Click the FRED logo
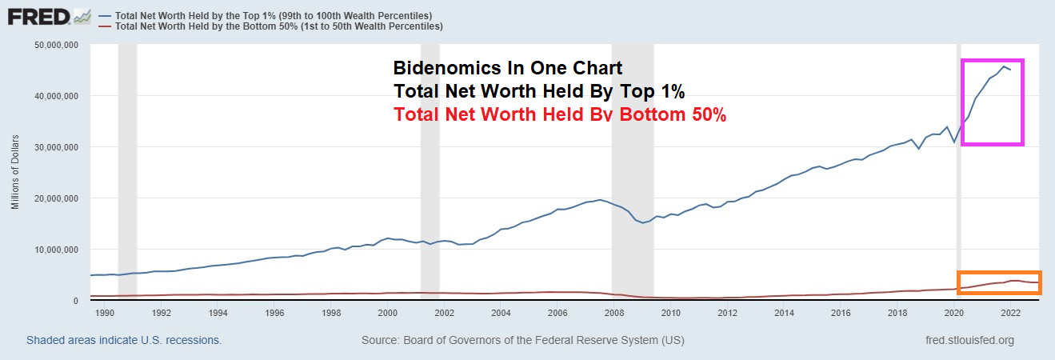pyautogui.click(x=49, y=16)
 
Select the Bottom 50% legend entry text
pyautogui.click(x=279, y=26)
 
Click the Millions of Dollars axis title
pyautogui.click(x=15, y=173)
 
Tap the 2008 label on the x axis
pyautogui.click(x=613, y=313)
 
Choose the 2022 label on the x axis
pyautogui.click(x=1009, y=313)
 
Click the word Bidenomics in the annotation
pyautogui.click(x=441, y=68)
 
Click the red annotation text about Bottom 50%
pyautogui.click(x=559, y=115)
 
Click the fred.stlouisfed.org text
pyautogui.click(x=968, y=340)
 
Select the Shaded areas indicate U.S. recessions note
pyautogui.click(x=124, y=340)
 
